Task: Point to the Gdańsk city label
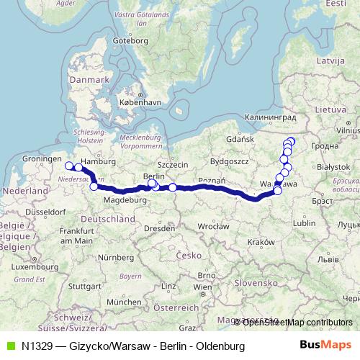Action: [x=237, y=138]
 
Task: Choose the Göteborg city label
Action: [x=129, y=41]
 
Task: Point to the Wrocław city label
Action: [x=215, y=225]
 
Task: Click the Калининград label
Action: [x=271, y=115]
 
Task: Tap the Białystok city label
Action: [x=332, y=166]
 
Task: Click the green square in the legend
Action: [x=9, y=346]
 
